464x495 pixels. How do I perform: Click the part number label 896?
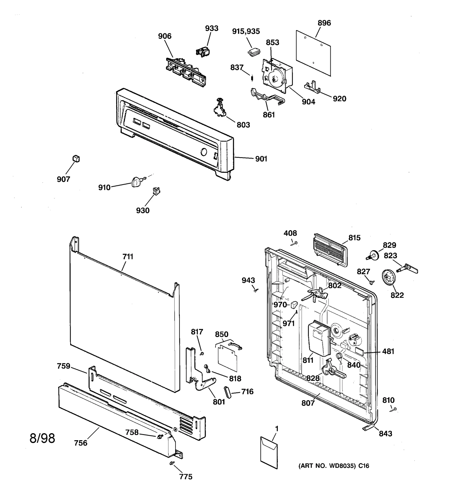click(x=324, y=23)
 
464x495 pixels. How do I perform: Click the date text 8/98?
click(x=42, y=438)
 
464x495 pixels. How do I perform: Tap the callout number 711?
click(x=128, y=257)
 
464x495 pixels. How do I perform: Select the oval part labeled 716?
click(x=227, y=393)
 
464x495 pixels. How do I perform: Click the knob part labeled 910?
click(x=136, y=182)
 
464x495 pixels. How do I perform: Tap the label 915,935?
click(x=246, y=31)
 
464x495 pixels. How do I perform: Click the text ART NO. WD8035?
click(x=328, y=466)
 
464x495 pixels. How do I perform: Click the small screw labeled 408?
click(x=296, y=243)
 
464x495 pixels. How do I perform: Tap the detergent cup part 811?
click(x=318, y=338)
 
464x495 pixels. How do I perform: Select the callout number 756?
click(x=80, y=443)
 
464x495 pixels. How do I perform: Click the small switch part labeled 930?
click(x=157, y=191)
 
